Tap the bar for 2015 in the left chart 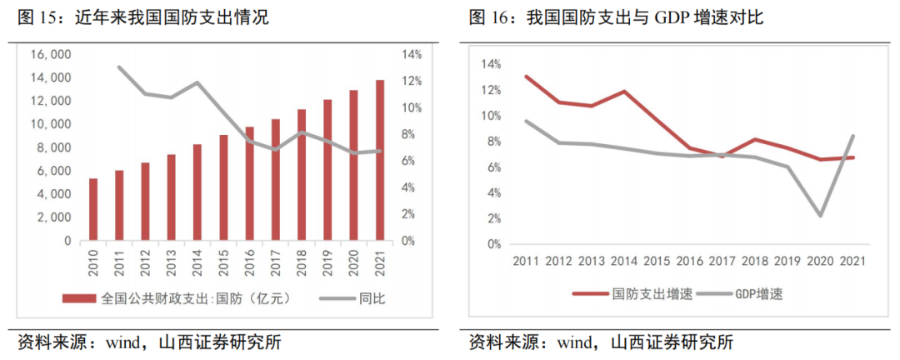coord(223,187)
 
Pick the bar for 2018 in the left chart coord(302,175)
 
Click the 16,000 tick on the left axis coord(52,54)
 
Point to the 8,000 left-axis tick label coord(55,147)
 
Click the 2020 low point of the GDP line coord(820,216)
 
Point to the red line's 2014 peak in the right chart coord(624,92)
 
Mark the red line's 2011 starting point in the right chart coord(526,76)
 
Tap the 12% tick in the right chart coord(490,90)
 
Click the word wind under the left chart coord(108,342)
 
